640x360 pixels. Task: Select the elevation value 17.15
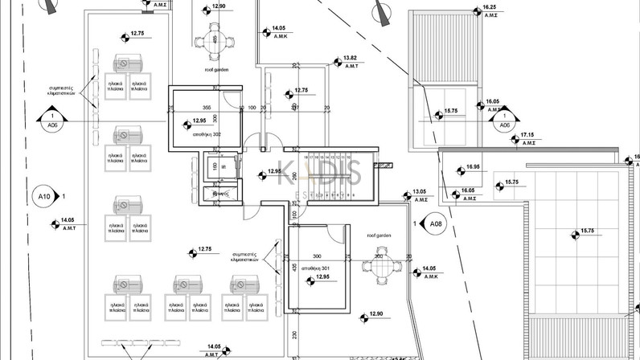(527, 134)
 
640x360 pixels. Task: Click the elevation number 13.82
(350, 59)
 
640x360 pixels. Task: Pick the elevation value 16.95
(473, 167)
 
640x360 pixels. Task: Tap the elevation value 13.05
(419, 191)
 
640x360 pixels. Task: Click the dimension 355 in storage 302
(207, 107)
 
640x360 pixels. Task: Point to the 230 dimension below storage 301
(296, 335)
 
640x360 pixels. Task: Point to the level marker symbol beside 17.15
(515, 140)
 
